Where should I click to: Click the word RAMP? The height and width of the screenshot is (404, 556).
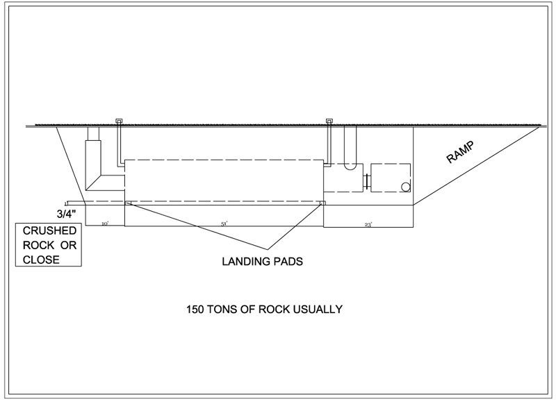click(459, 155)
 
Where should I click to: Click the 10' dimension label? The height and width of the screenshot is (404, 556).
click(105, 224)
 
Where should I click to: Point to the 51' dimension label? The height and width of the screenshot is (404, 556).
click(224, 224)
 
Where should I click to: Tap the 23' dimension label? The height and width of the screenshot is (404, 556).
click(368, 224)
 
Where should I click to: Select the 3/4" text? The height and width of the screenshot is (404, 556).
click(69, 214)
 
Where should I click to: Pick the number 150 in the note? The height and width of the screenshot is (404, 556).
click(195, 309)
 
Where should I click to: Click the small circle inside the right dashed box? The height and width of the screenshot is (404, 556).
click(405, 187)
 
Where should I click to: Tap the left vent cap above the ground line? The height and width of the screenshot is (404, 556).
click(119, 121)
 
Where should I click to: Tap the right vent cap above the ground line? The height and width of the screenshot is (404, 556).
click(329, 121)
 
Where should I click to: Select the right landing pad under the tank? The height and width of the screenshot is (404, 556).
click(322, 203)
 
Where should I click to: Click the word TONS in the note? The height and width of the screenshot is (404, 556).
click(224, 309)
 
